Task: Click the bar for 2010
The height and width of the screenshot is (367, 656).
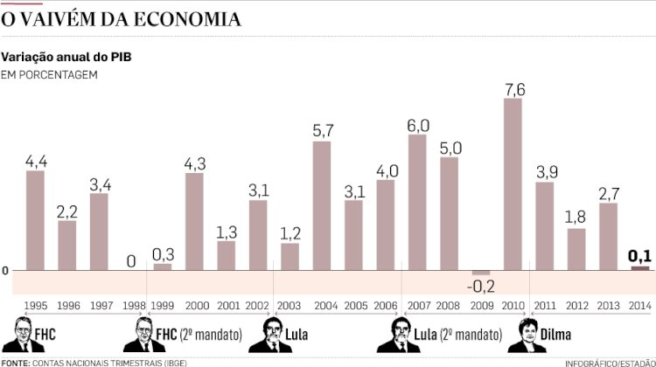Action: pyautogui.click(x=513, y=183)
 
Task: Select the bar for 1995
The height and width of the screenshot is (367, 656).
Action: pyautogui.click(x=35, y=219)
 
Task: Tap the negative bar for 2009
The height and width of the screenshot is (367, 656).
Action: pyautogui.click(x=481, y=273)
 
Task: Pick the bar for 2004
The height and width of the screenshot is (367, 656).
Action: pyautogui.click(x=322, y=204)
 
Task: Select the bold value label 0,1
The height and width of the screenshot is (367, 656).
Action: pyautogui.click(x=640, y=256)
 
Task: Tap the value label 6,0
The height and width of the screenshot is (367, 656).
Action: pyautogui.click(x=417, y=124)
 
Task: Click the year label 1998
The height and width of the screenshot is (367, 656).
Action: pyautogui.click(x=131, y=306)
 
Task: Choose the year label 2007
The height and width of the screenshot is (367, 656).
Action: pyautogui.click(x=417, y=306)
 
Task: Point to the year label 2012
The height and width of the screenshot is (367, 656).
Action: pyautogui.click(x=576, y=306)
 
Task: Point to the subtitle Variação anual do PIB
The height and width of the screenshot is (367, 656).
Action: pyautogui.click(x=66, y=57)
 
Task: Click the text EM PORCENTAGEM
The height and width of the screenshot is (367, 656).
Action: pyautogui.click(x=49, y=74)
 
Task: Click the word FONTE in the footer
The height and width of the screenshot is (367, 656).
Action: pyautogui.click(x=15, y=362)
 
